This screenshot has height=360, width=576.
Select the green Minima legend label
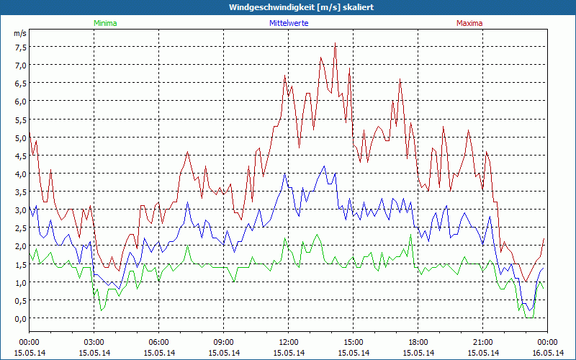(104, 23)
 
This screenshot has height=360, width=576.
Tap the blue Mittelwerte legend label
(288, 23)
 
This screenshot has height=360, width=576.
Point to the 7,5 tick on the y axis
(20, 47)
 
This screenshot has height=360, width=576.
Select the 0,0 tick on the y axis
(20, 318)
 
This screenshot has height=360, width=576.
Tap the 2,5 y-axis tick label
(20, 228)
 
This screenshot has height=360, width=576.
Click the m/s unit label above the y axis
(19, 33)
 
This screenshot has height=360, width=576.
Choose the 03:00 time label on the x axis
(94, 341)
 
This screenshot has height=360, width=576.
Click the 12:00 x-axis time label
(288, 341)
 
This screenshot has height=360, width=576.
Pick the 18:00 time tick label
(418, 341)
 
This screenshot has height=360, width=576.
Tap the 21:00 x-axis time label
(482, 341)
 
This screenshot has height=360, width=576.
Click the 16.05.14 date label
(547, 352)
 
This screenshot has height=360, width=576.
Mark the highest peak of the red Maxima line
(336, 44)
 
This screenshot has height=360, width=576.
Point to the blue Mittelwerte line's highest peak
(325, 166)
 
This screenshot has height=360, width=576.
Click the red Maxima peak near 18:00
(400, 80)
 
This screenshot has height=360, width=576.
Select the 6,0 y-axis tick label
(20, 101)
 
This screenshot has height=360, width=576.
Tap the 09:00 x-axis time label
(223, 341)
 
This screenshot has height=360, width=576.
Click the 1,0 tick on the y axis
(20, 282)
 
